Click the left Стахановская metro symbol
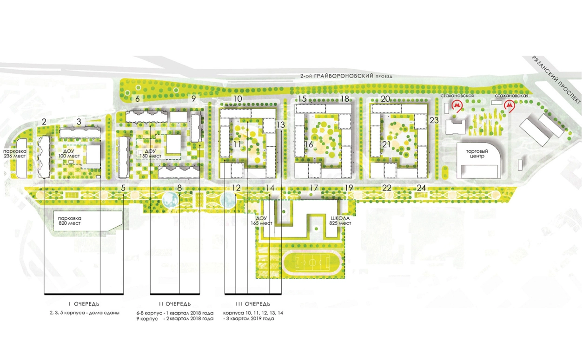(457, 106)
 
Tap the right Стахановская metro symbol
(510, 106)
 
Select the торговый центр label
(477, 154)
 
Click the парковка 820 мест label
(69, 221)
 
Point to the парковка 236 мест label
(15, 154)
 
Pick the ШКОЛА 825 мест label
(340, 221)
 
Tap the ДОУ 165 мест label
(262, 221)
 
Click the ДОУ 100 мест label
(69, 153)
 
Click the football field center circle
(312, 262)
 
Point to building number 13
(280, 125)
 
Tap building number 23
(434, 120)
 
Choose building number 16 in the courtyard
(309, 144)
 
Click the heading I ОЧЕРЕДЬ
(84, 304)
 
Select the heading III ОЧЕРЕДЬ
(253, 304)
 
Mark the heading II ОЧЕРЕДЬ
(175, 304)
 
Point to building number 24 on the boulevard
(421, 188)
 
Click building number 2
(44, 122)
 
